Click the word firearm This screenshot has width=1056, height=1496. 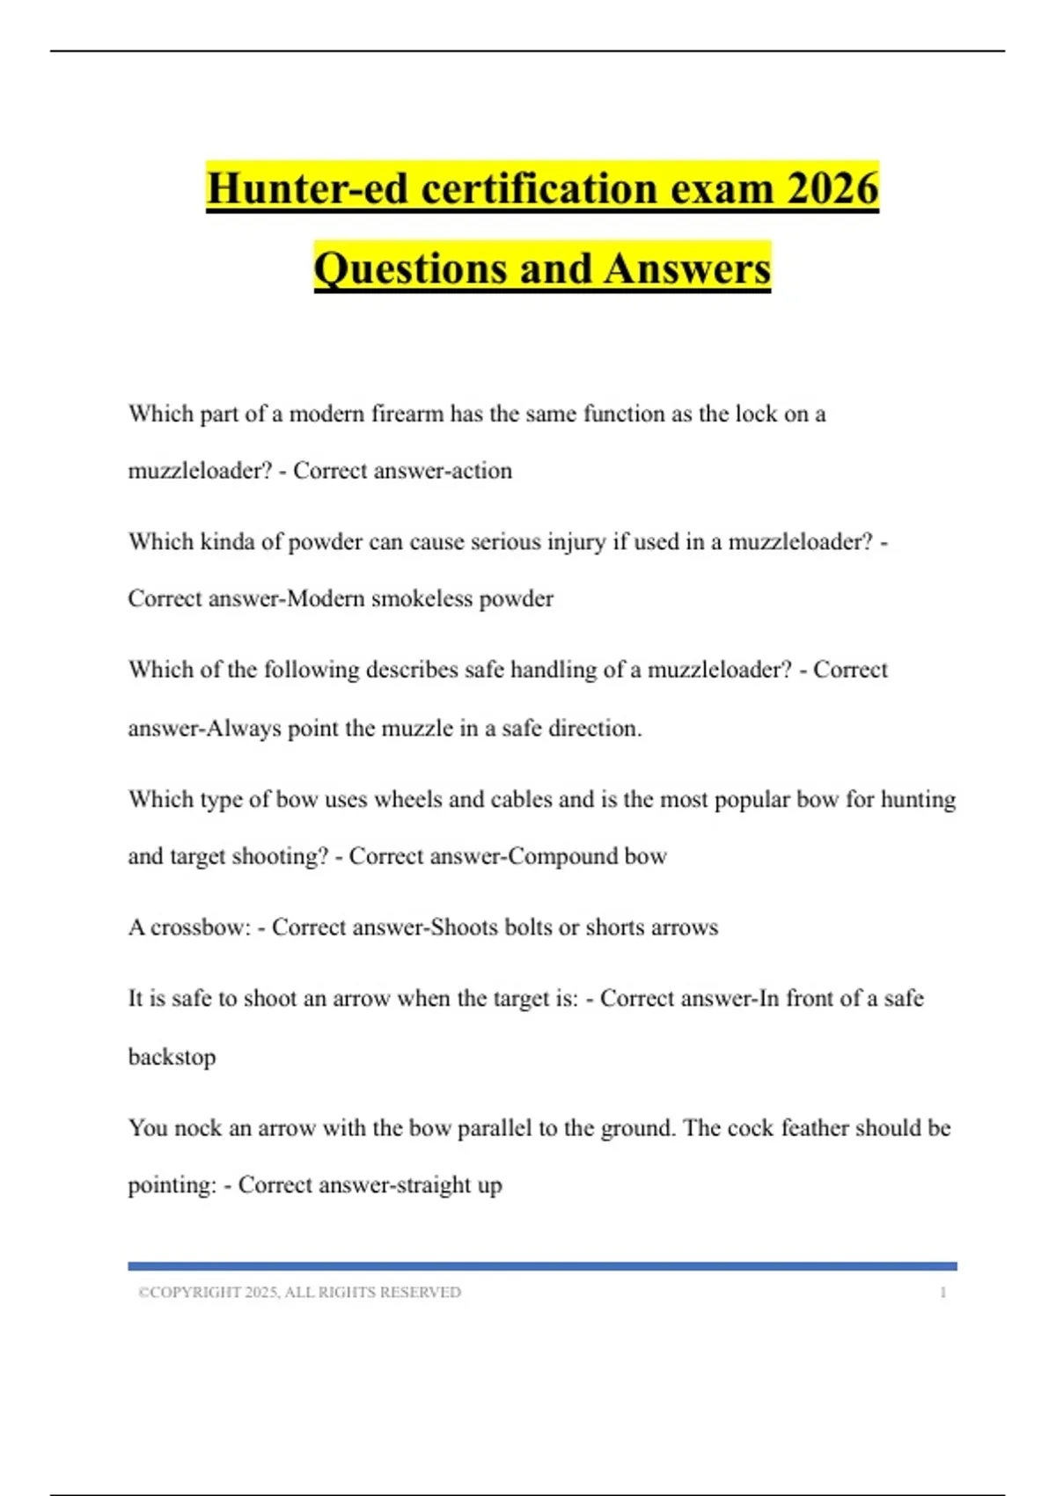click(407, 414)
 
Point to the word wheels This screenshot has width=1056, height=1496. click(407, 799)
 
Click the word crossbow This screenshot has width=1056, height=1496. click(200, 928)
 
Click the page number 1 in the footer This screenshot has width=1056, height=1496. click(942, 1293)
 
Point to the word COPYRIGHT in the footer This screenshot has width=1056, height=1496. click(194, 1293)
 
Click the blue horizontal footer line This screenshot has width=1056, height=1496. click(542, 1266)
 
